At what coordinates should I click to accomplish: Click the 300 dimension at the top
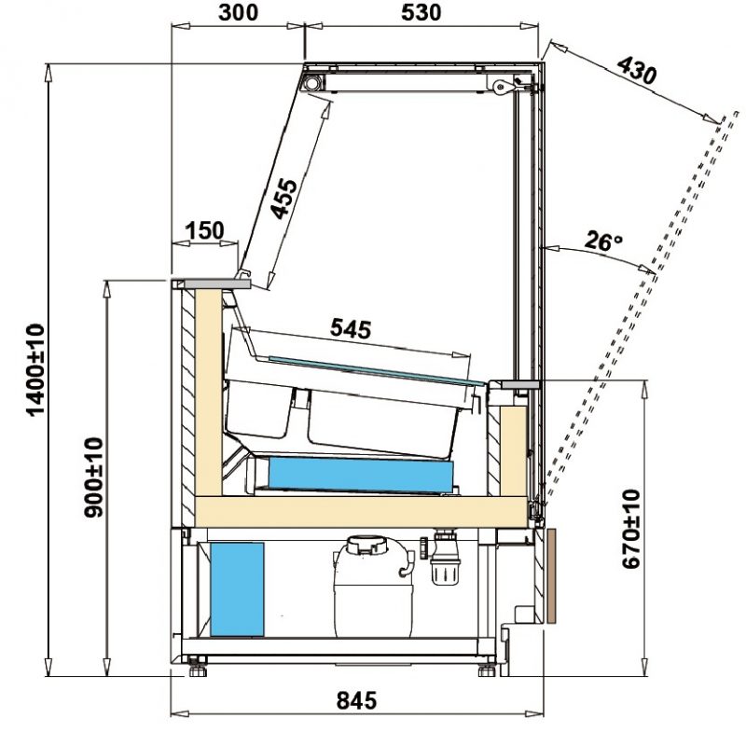238,13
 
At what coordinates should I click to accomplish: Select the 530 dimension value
421,13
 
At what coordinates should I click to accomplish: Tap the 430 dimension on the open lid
637,70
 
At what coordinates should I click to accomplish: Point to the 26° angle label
603,241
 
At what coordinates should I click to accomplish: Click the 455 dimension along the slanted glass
283,199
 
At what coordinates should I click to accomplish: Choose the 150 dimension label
204,230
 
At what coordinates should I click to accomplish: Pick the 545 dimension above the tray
351,329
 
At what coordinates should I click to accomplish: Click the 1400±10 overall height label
36,370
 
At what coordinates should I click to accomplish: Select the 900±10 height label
93,477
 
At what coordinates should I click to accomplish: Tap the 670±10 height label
631,529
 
